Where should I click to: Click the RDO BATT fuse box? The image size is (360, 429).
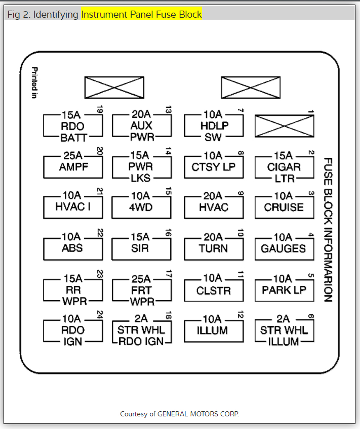[x=72, y=126]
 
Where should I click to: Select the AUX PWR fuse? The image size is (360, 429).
[x=141, y=126]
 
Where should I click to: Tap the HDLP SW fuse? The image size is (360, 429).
[x=214, y=126]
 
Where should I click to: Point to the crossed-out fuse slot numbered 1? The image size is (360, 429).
[x=284, y=126]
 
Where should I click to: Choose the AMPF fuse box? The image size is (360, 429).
[x=72, y=167]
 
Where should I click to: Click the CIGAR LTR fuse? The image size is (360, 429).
[x=284, y=167]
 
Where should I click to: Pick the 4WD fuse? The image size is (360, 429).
[x=141, y=207]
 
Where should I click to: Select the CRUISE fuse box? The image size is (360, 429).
[x=284, y=207]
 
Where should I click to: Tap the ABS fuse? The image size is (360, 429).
[x=72, y=248]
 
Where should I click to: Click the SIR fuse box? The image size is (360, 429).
[x=141, y=248]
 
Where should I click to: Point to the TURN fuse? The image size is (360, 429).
[x=214, y=248]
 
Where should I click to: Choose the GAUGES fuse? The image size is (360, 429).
[x=284, y=248]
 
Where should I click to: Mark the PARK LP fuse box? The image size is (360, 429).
[x=284, y=290]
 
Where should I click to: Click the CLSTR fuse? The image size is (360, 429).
[x=214, y=290]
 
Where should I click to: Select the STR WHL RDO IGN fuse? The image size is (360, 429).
[x=141, y=331]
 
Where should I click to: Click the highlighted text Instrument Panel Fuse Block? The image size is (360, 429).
[x=141, y=15]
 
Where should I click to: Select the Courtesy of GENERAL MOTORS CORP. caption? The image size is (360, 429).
[x=179, y=414]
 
